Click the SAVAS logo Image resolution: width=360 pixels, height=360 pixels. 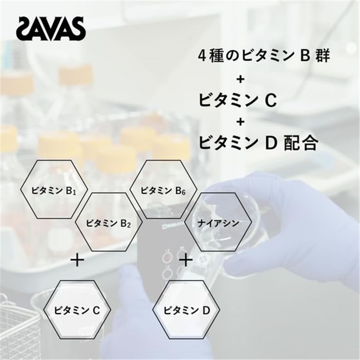click(x=51, y=29)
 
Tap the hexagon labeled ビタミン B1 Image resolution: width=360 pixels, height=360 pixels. click(x=54, y=189)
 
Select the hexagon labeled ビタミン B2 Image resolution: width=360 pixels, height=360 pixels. click(x=109, y=222)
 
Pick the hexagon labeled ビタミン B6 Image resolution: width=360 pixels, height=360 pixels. click(x=163, y=189)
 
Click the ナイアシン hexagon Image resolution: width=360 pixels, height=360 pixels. click(x=218, y=222)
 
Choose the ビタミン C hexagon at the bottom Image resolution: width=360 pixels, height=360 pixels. click(x=77, y=310)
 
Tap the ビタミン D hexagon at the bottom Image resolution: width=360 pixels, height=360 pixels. click(x=186, y=310)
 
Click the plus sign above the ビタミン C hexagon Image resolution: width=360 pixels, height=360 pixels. click(x=77, y=260)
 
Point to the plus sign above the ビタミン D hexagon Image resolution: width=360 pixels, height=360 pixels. click(x=186, y=260)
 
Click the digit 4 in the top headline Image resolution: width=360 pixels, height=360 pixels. click(x=202, y=56)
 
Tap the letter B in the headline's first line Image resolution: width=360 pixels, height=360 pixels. click(x=305, y=56)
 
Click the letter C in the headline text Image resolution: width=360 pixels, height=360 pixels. click(x=271, y=101)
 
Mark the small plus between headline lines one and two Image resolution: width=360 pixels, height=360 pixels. click(x=240, y=80)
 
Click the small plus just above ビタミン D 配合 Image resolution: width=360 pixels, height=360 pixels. click(x=240, y=121)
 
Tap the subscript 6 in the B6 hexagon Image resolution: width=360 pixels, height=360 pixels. click(x=184, y=193)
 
